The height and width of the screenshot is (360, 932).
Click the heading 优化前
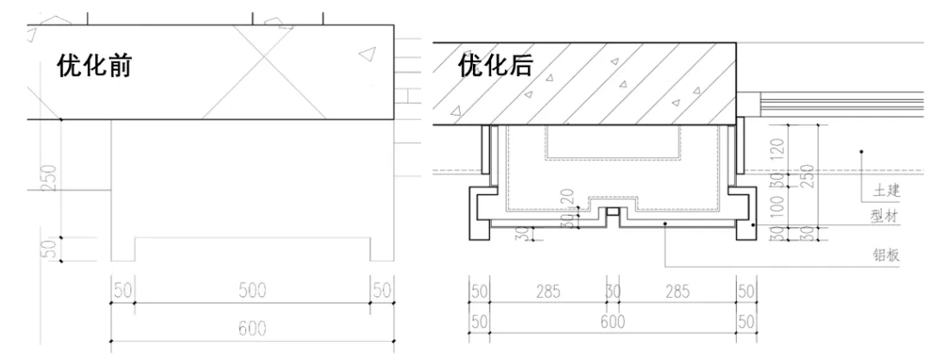pyautogui.click(x=94, y=66)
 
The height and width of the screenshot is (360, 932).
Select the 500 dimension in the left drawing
pyautogui.click(x=253, y=291)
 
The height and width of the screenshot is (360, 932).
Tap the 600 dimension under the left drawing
pyautogui.click(x=253, y=328)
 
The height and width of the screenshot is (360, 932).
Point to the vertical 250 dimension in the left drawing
pyautogui.click(x=50, y=178)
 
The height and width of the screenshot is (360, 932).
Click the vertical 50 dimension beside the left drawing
pyautogui.click(x=50, y=249)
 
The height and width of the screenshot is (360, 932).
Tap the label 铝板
pyautogui.click(x=886, y=256)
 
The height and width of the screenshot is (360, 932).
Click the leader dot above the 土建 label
pyautogui.click(x=861, y=153)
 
